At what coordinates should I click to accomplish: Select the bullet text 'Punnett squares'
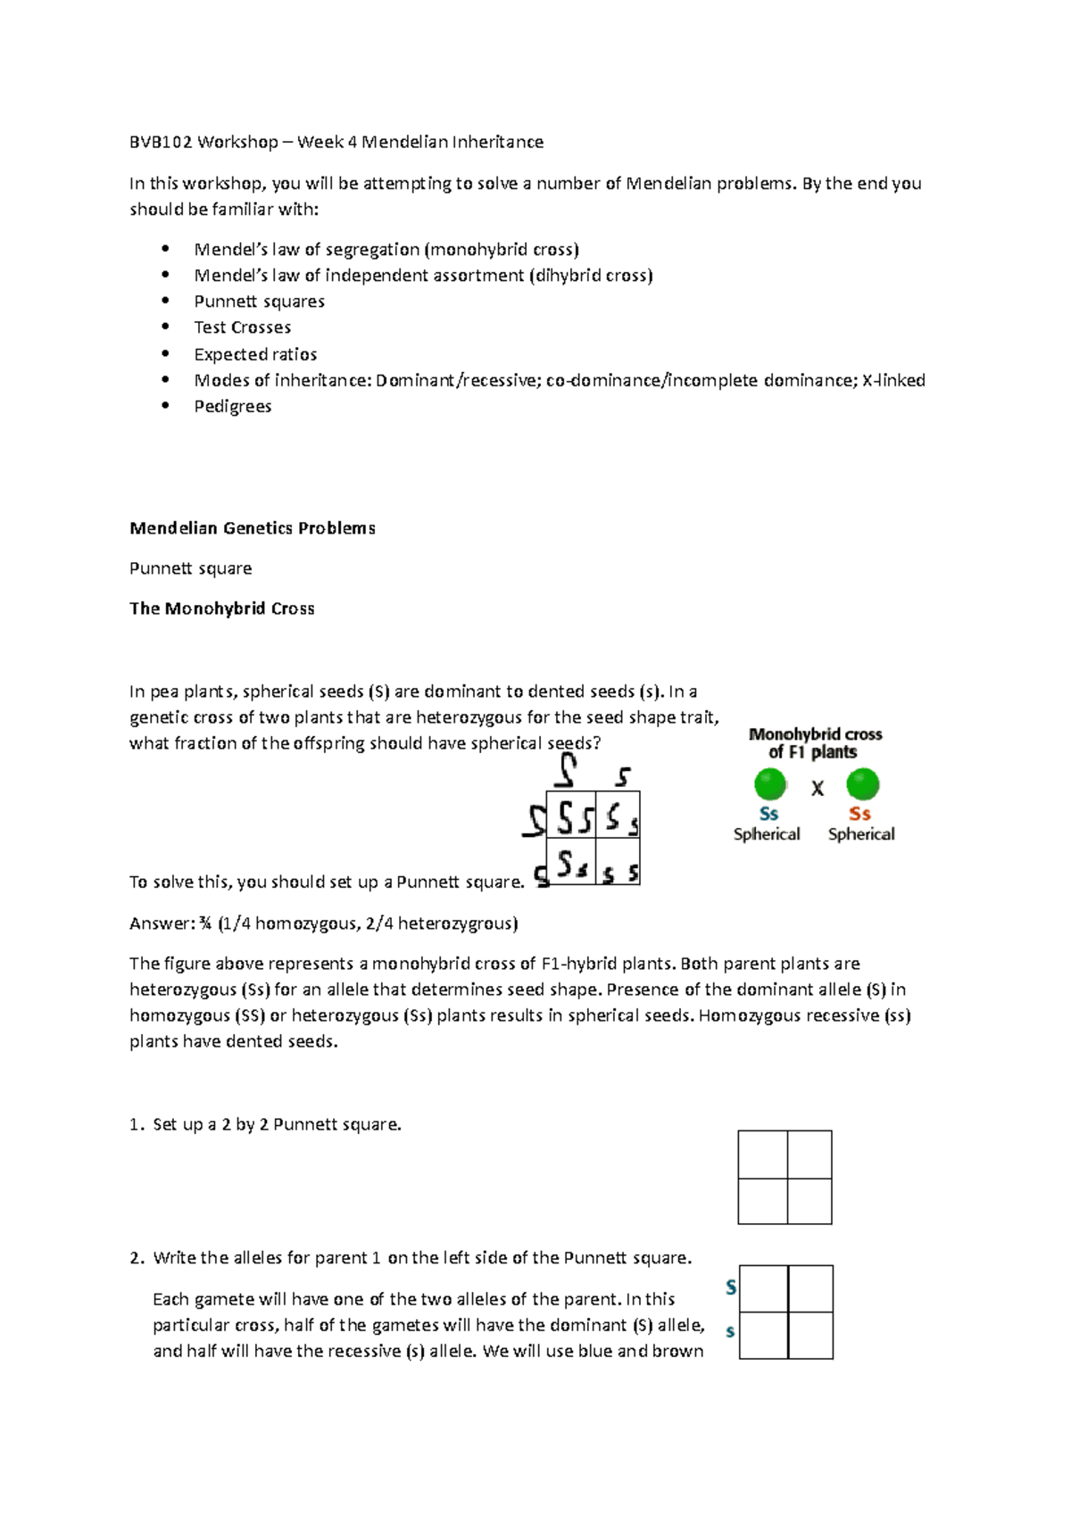coord(259,302)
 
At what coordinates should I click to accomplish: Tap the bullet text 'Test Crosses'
coord(242,327)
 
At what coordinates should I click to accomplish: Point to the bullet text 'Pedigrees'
coord(232,407)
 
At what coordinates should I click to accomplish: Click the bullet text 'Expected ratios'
coord(255,354)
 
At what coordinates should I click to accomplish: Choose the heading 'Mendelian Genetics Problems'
coord(252,528)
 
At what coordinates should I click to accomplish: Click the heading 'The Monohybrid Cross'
coord(221,608)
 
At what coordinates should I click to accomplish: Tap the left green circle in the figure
coord(769,785)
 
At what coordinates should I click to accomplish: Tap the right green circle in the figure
coord(862,785)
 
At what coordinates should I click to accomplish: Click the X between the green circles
coord(817,789)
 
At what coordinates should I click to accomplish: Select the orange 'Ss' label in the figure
coord(859,814)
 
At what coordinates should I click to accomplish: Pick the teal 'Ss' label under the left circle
coord(768,814)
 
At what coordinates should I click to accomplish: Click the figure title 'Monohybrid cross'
coord(815,734)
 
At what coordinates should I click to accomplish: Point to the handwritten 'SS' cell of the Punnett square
coord(572,815)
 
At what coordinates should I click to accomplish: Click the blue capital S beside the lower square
coord(731,1287)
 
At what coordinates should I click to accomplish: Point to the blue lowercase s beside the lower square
coord(731,1332)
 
